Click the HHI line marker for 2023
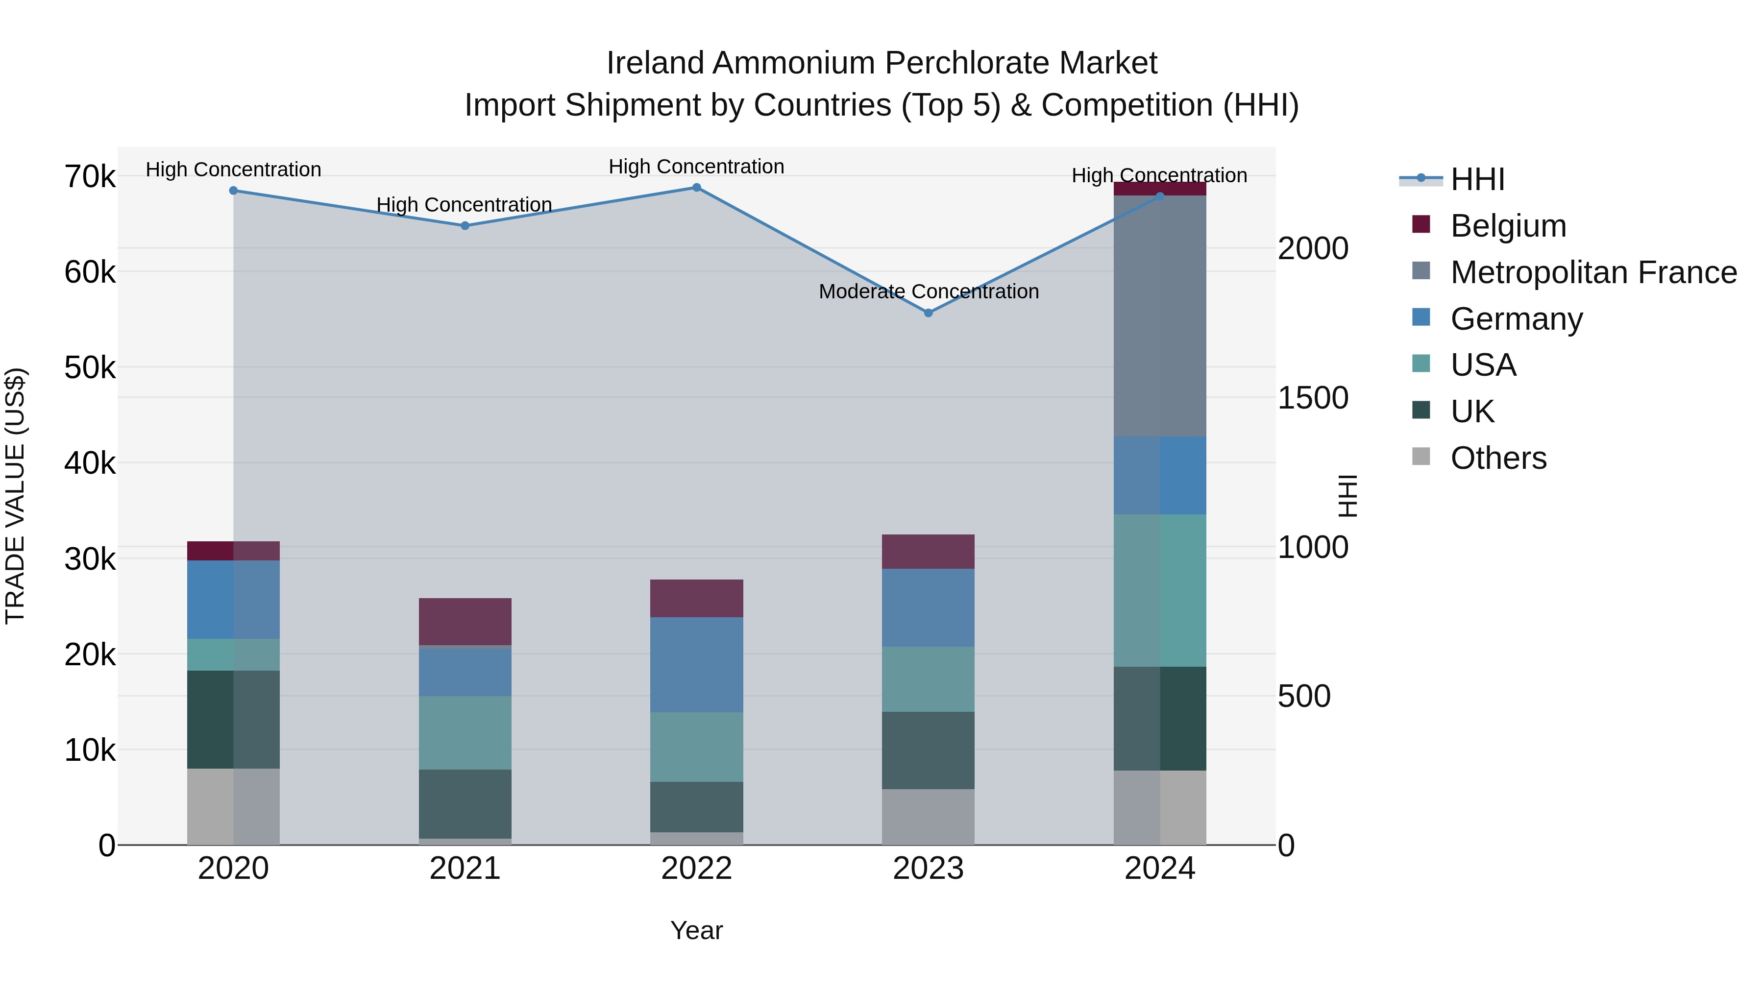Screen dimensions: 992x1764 928,313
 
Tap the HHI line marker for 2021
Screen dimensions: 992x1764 465,225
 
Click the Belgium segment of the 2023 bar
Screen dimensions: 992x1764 928,551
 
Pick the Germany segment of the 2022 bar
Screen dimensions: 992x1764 696,664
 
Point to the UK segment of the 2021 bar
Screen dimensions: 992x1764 465,804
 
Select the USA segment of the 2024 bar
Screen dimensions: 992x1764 1159,590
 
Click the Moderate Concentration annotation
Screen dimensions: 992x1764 929,291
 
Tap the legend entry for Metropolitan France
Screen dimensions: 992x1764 1593,272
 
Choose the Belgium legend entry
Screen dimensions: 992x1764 1508,226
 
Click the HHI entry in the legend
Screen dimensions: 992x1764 1477,179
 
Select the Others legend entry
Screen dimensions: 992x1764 1498,458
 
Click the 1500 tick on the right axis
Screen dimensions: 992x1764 1313,398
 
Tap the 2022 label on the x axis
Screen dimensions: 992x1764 696,869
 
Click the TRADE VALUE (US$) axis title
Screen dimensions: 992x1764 15,496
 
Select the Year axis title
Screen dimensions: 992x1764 696,930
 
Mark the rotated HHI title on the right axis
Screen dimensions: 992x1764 1347,496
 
